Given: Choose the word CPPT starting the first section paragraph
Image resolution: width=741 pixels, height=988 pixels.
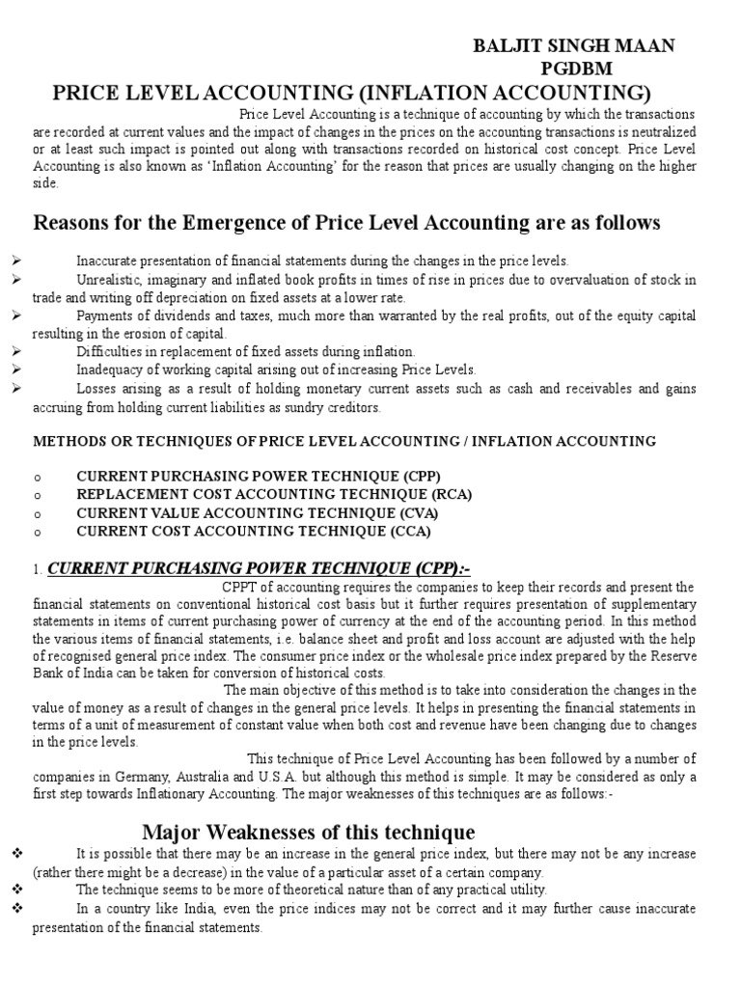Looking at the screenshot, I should coord(239,587).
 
